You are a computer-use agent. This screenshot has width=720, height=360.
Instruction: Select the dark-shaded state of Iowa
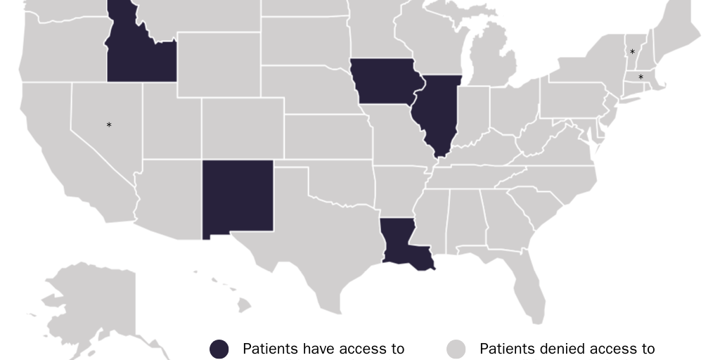(x=385, y=82)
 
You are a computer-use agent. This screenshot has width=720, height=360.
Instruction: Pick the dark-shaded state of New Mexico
(x=238, y=198)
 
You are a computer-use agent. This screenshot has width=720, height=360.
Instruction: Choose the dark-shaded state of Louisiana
(x=401, y=243)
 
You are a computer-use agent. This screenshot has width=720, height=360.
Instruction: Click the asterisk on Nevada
(x=109, y=126)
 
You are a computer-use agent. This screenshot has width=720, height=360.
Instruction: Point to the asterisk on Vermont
(x=632, y=53)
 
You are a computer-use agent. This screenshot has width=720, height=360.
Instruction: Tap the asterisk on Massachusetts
(x=641, y=77)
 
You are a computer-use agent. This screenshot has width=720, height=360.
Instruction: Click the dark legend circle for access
(x=219, y=349)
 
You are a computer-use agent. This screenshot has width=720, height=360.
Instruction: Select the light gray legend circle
(x=457, y=349)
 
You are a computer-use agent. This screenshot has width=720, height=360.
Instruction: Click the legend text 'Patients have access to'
(x=323, y=349)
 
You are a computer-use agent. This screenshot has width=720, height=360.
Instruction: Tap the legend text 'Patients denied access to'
(x=567, y=349)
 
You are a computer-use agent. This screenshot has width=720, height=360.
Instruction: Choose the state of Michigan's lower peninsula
(x=492, y=63)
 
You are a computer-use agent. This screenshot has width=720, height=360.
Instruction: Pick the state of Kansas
(x=327, y=137)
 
